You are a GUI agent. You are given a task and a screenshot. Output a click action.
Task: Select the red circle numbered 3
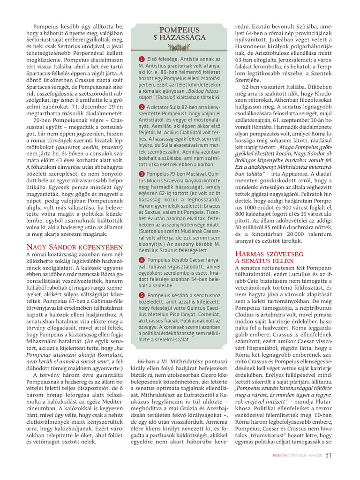[142, 174]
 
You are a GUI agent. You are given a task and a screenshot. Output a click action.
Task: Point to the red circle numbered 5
[142, 295]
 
